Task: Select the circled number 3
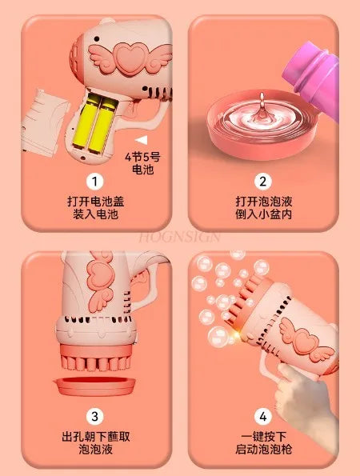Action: (x=95, y=416)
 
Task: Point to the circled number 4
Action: (x=264, y=416)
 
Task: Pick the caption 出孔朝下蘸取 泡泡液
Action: (x=95, y=442)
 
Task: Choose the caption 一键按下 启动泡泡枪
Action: (x=264, y=442)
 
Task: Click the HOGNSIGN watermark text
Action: (x=181, y=238)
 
